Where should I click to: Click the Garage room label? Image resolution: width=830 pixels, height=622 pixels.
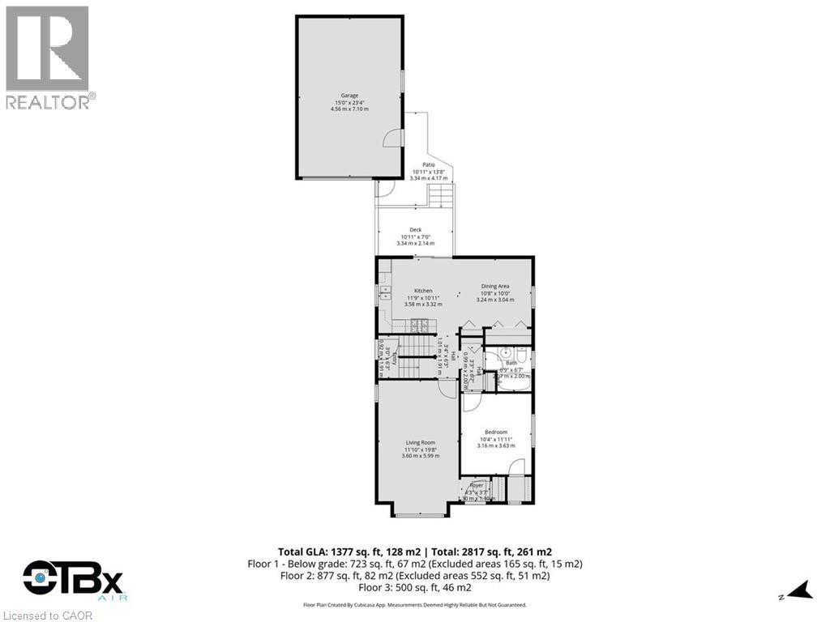pos(349,96)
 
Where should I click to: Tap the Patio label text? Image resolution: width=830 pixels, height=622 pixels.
pos(428,164)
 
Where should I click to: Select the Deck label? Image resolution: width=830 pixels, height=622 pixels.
pos(415,230)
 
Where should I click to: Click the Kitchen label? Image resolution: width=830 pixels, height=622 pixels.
pos(423,291)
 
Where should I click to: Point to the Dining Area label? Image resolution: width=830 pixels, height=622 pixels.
pos(494,286)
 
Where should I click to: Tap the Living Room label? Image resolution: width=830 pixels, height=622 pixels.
pos(421,443)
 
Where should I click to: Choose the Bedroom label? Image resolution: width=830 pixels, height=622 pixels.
pos(496,432)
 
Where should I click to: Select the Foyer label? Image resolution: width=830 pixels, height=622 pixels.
pos(477,485)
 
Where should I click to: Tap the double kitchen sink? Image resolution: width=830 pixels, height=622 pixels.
pos(384,293)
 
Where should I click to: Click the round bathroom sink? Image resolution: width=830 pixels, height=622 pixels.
pos(504,353)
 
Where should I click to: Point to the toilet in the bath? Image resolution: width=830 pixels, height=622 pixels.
pos(524,356)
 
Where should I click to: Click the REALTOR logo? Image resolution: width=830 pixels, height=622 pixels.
pos(49,57)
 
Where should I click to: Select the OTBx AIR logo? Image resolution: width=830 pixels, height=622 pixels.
pos(73,582)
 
